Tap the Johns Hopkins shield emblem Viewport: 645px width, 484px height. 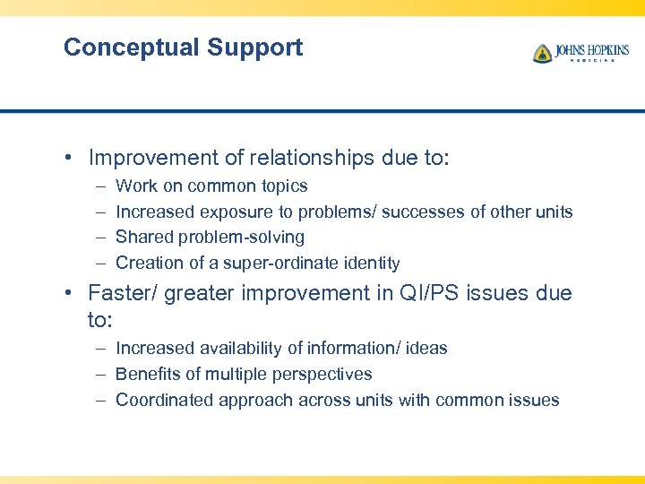[x=542, y=54]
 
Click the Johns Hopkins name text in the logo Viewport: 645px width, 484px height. [x=592, y=50]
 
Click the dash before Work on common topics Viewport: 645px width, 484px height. [x=97, y=186]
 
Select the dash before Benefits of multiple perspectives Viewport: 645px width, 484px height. [x=97, y=374]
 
